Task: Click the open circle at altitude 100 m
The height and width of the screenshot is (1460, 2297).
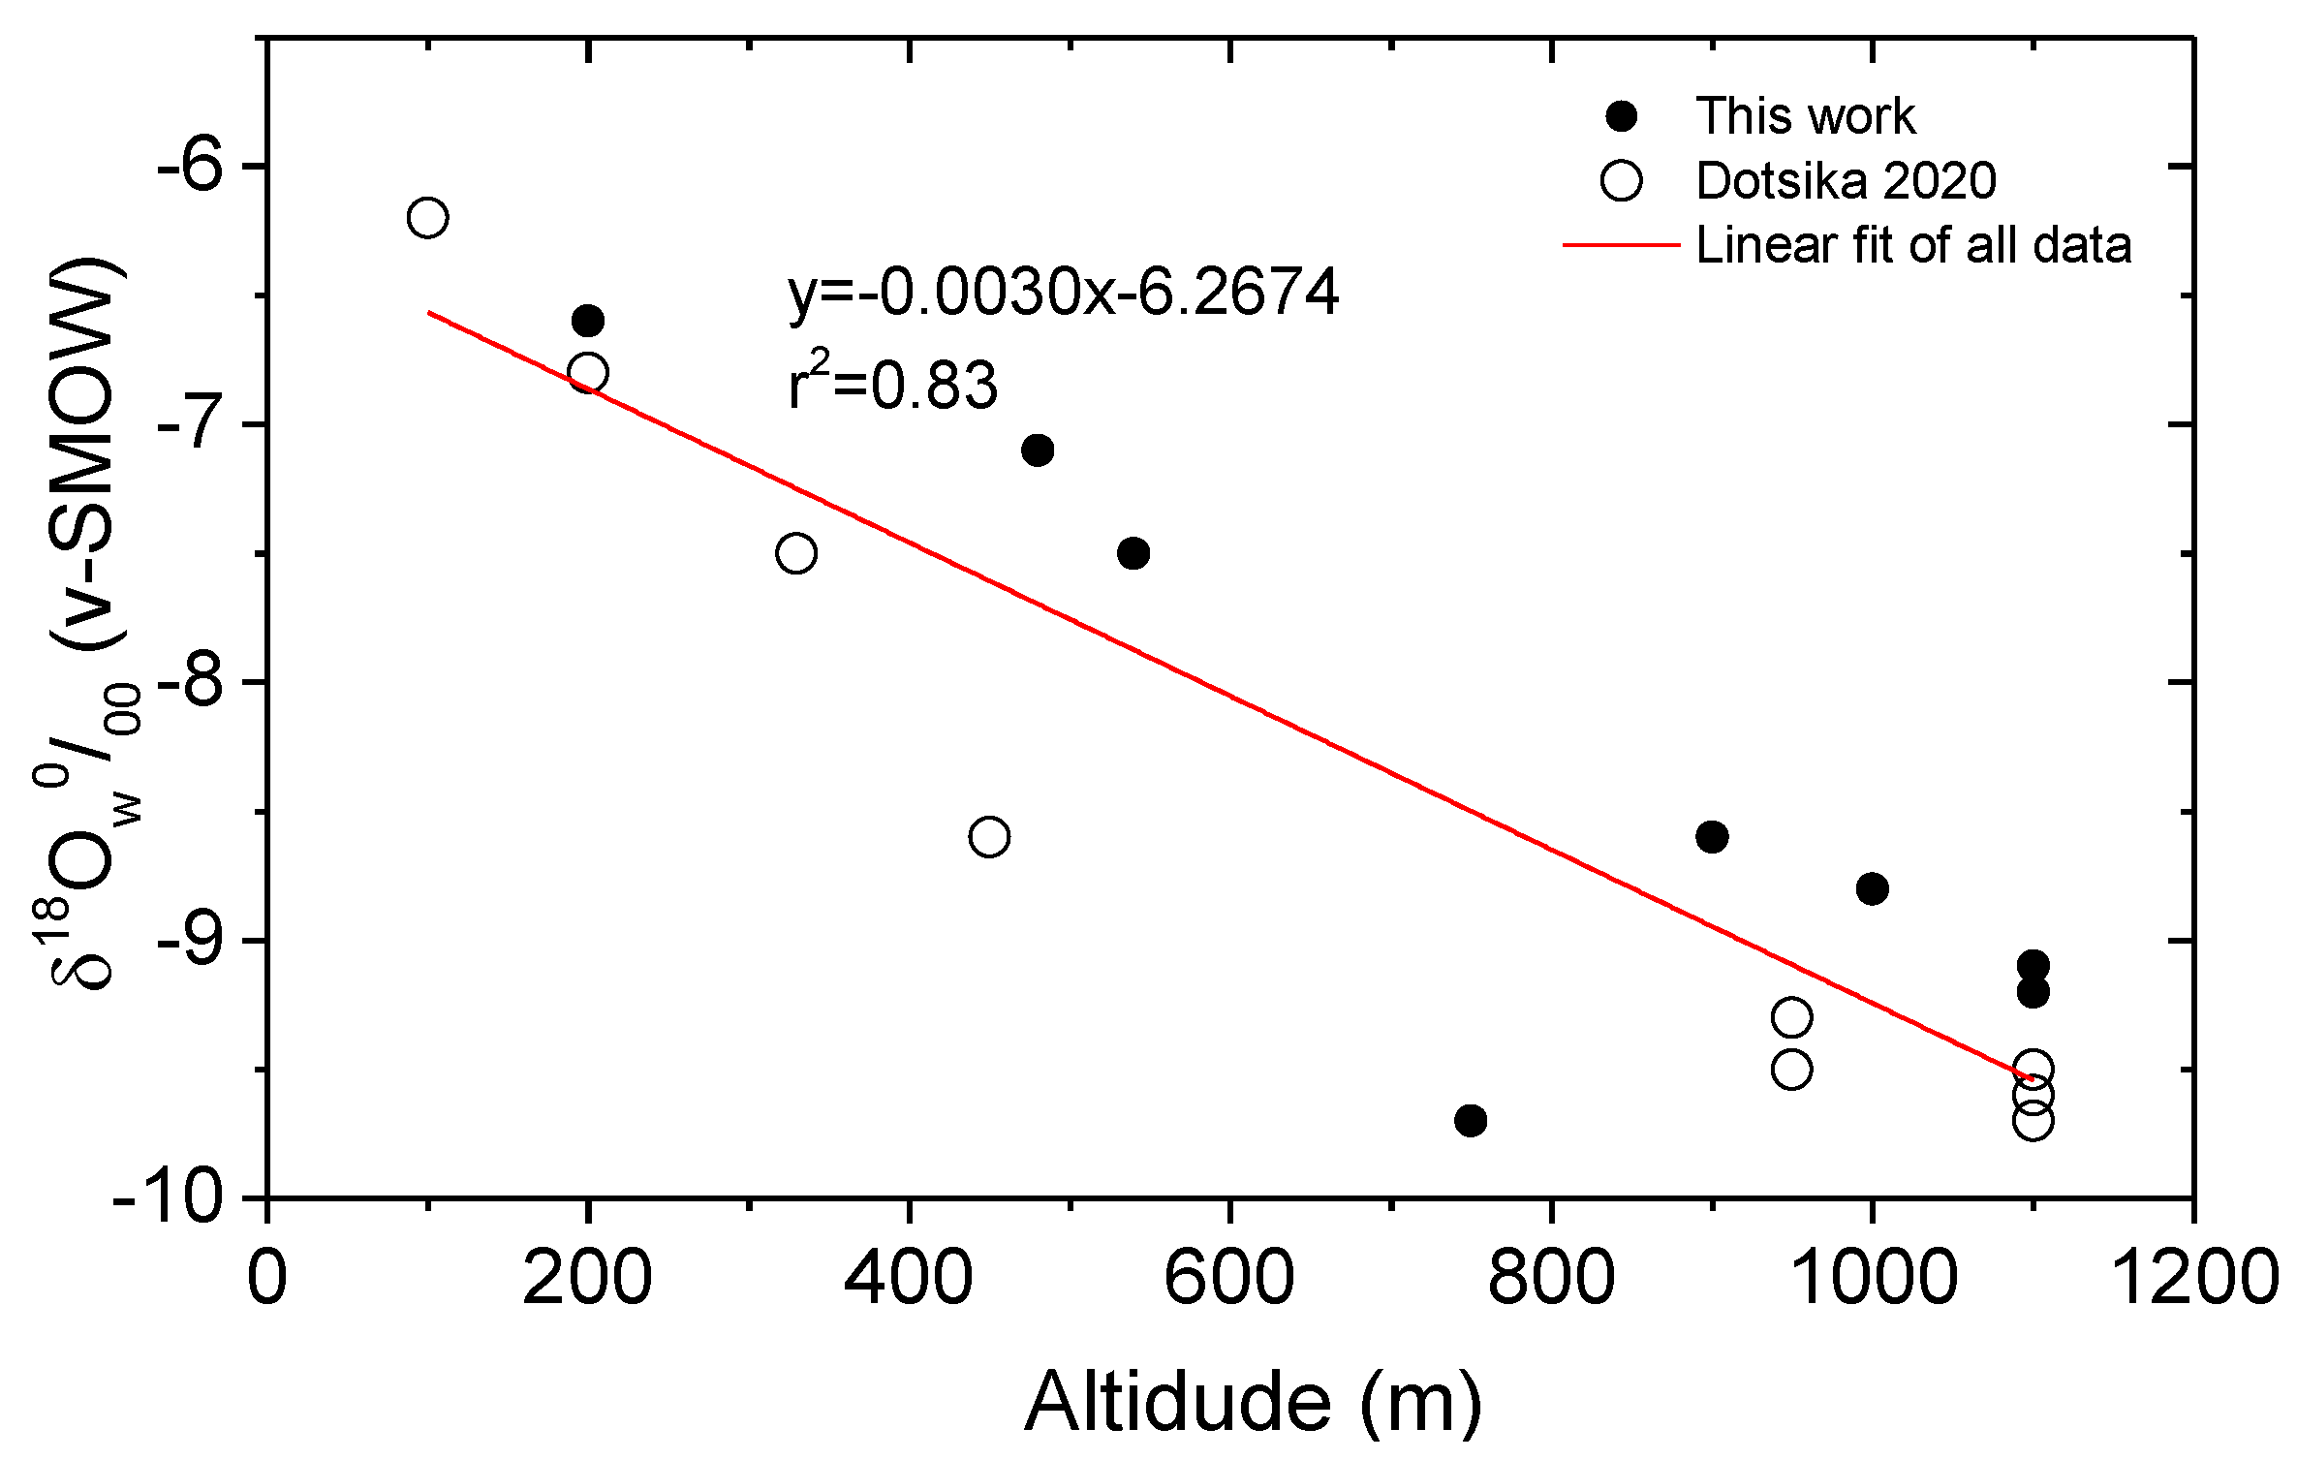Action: coord(427,217)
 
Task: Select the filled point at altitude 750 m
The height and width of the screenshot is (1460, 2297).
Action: coord(1470,1121)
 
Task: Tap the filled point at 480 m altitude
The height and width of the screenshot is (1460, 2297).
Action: coord(1037,450)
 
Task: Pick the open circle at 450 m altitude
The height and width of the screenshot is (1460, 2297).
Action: coord(988,836)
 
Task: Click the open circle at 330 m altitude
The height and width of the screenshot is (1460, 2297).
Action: coord(795,553)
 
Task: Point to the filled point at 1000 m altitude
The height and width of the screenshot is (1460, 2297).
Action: coord(1872,888)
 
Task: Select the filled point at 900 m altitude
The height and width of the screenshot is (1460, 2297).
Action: coord(1711,836)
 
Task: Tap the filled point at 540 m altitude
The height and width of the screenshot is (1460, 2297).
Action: coord(1133,553)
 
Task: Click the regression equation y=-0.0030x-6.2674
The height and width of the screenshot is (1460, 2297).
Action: coord(1063,292)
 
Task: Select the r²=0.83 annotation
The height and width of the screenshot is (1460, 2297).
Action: coord(892,384)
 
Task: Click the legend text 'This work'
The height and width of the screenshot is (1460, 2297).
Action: coord(1805,116)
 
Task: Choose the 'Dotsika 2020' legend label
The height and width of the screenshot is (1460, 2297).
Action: coord(1846,180)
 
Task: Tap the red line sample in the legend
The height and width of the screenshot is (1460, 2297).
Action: coord(1620,245)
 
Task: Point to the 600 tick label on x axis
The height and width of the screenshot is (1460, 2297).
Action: coord(1228,1277)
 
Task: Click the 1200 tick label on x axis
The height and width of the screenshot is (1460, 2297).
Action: coord(2193,1277)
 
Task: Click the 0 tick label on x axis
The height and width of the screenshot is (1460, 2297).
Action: coord(266,1277)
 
